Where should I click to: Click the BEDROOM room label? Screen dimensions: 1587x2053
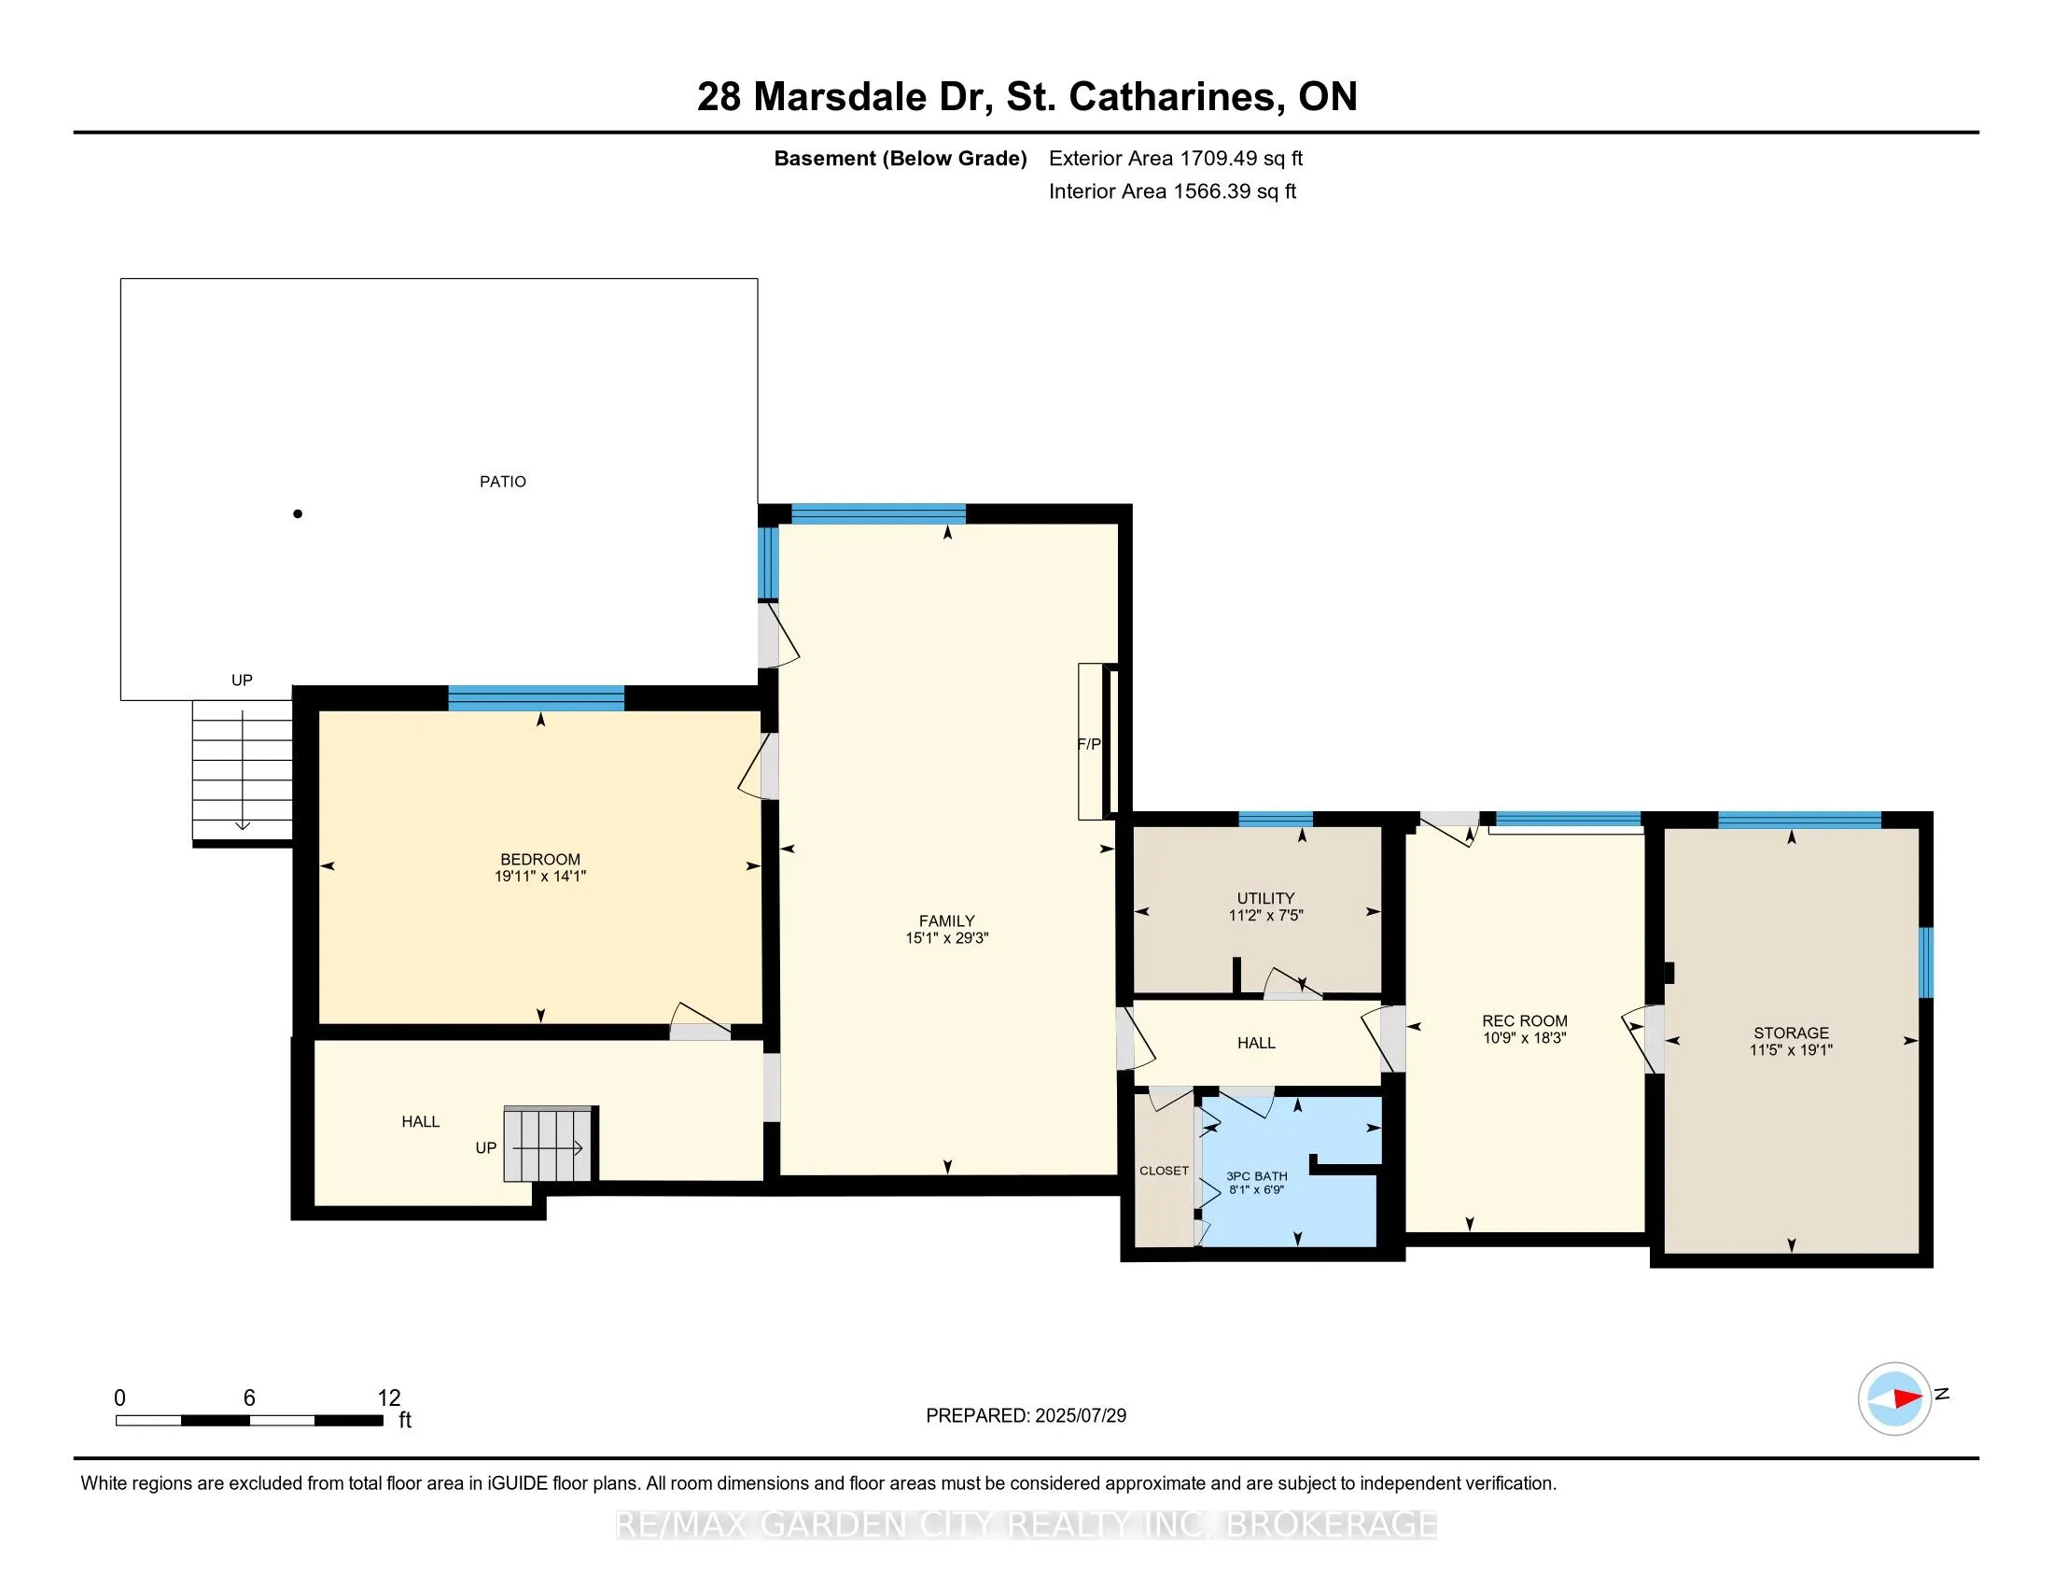coord(539,858)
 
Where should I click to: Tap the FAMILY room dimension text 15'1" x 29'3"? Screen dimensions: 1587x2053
coord(946,937)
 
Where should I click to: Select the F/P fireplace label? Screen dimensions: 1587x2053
coord(1088,744)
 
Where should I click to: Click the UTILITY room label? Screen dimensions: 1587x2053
coord(1265,898)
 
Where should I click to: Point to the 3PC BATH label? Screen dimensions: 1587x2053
coord(1257,1176)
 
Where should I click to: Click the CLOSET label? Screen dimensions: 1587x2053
coord(1164,1171)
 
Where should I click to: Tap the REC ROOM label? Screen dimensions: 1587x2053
coord(1524,1020)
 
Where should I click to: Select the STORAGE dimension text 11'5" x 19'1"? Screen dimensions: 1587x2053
coord(1791,1049)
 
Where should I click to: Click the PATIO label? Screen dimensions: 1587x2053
coord(503,482)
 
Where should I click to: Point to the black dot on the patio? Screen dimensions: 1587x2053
coord(298,513)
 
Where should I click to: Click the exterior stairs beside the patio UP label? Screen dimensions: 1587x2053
coord(243,771)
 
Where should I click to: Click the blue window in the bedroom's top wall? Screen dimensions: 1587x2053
coord(536,698)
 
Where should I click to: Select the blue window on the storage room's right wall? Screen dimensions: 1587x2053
coord(1925,962)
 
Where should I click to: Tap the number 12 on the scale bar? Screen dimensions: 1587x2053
coord(389,1397)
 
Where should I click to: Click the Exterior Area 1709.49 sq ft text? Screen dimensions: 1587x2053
coord(1175,158)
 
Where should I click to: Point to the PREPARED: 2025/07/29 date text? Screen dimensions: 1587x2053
coord(1026,1415)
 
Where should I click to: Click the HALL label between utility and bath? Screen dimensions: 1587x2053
coord(1256,1043)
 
